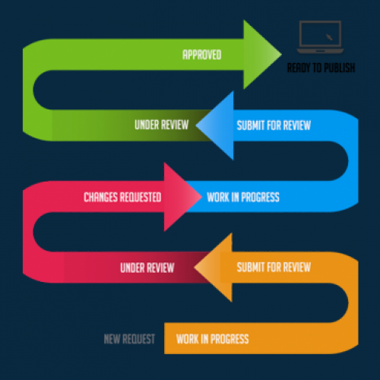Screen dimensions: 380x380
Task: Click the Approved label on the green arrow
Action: [202, 55]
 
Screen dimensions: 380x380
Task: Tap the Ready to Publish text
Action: [321, 68]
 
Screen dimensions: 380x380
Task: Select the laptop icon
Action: [320, 37]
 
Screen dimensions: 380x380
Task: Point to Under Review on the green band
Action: [162, 125]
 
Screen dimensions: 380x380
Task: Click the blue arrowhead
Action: [215, 125]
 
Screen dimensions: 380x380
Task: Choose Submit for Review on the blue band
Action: [274, 125]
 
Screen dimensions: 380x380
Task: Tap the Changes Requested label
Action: [122, 197]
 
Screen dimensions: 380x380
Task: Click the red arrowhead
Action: [182, 197]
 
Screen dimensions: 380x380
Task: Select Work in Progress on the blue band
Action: [243, 197]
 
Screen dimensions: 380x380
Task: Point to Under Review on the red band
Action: [147, 268]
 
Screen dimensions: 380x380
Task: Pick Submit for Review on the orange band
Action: [274, 268]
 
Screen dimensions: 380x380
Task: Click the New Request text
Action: [129, 339]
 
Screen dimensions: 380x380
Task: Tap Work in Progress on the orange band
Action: [213, 339]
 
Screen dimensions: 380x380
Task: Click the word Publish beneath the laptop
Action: [340, 68]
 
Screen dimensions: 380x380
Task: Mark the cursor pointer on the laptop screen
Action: [329, 37]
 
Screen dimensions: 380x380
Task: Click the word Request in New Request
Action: [138, 339]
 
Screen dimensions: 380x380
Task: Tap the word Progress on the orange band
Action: [230, 339]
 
